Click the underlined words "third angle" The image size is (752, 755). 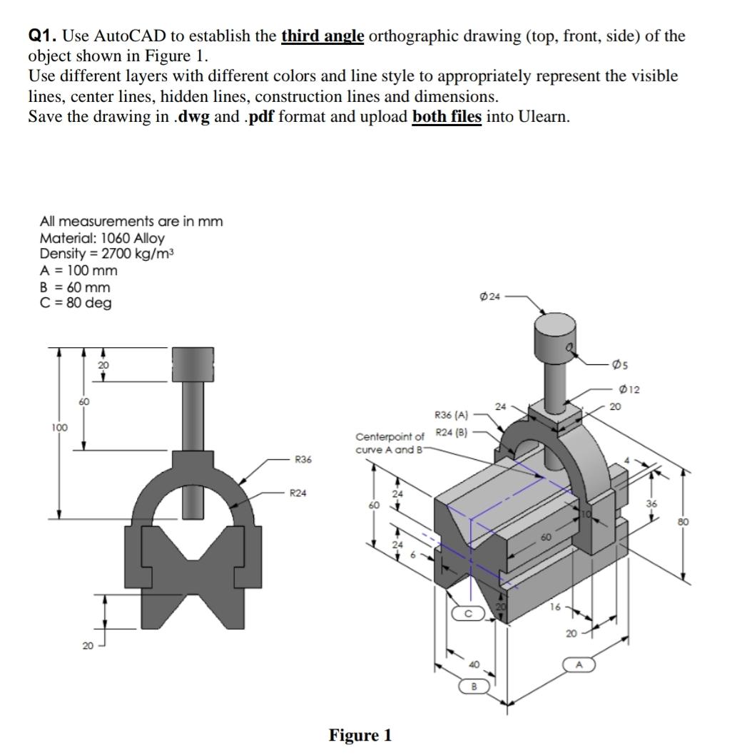click(322, 36)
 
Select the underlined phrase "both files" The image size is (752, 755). click(447, 116)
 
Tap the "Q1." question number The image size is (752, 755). click(43, 36)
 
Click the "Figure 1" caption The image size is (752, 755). click(360, 735)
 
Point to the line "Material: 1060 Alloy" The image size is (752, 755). click(101, 238)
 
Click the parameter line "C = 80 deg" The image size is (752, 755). click(76, 303)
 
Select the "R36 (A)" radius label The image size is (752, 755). click(450, 414)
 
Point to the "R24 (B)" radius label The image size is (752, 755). click(450, 432)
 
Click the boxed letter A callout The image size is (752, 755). click(579, 665)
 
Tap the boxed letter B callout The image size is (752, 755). click(472, 687)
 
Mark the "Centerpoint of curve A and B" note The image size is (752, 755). click(390, 443)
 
